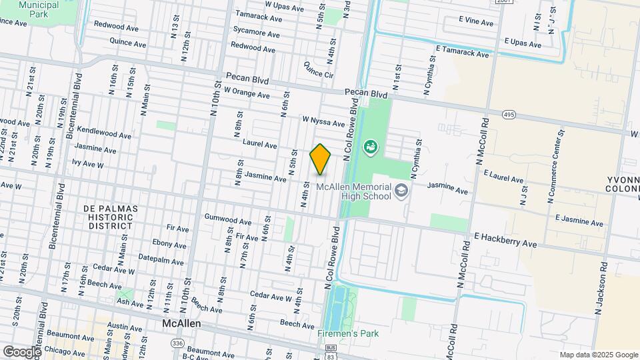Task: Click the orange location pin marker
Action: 320,159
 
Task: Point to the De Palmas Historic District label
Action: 111,217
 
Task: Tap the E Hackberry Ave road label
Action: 505,241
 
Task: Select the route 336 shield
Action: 177,343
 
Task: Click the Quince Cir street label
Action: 318,69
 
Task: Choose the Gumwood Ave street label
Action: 228,221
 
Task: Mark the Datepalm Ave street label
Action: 161,259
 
